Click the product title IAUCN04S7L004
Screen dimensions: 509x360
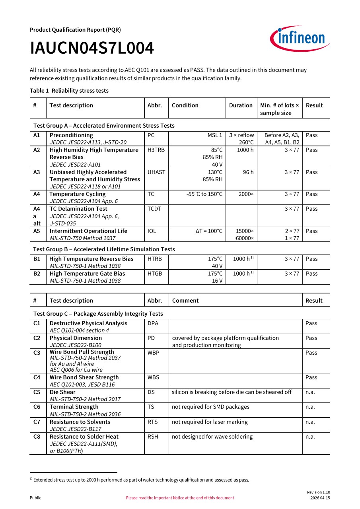coord(92,49)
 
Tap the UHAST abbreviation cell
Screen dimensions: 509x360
coord(156,172)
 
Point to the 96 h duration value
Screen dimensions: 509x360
coord(248,172)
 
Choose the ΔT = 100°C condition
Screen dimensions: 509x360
coord(209,231)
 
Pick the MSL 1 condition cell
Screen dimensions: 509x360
coord(215,135)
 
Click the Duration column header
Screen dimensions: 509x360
coord(241,105)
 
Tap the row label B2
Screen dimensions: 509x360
coord(37,274)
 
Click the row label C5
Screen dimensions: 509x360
coord(37,392)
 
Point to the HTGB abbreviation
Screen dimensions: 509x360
coord(155,274)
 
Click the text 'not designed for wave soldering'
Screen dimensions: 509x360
coord(212,437)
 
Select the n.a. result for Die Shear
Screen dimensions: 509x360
coord(310,392)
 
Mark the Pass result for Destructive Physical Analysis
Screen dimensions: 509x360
coord(311,323)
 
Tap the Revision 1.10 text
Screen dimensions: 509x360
coord(318,492)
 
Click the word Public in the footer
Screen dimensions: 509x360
coord(35,498)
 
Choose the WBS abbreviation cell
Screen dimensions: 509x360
coord(154,377)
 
